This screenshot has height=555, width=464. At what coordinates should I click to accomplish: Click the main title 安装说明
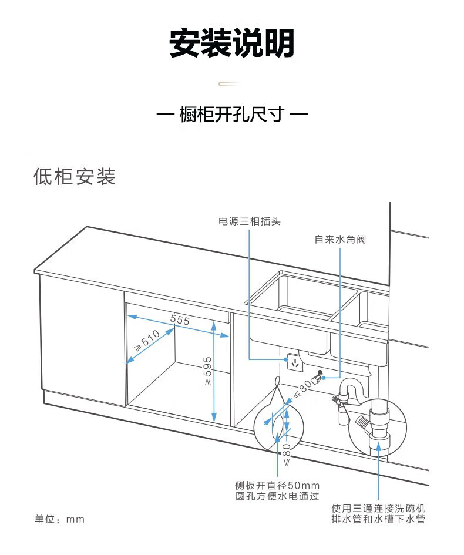[x=231, y=43]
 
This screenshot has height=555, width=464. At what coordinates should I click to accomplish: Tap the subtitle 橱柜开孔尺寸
[x=231, y=114]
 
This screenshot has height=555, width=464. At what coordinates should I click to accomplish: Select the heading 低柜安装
[x=75, y=176]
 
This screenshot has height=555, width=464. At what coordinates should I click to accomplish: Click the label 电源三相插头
[x=250, y=221]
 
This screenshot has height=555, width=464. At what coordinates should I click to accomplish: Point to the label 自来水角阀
[x=340, y=240]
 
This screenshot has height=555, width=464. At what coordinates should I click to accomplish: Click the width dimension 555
[x=180, y=320]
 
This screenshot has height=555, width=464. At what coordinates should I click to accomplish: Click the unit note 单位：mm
[x=59, y=519]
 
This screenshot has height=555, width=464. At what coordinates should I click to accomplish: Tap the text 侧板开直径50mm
[x=277, y=485]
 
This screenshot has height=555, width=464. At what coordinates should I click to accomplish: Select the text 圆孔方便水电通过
[x=277, y=496]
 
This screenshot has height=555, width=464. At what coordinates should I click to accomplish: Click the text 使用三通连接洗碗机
[x=378, y=508]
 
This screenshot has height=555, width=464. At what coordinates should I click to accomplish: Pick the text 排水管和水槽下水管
[x=378, y=519]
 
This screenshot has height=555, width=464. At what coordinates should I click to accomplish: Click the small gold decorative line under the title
[x=231, y=84]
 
